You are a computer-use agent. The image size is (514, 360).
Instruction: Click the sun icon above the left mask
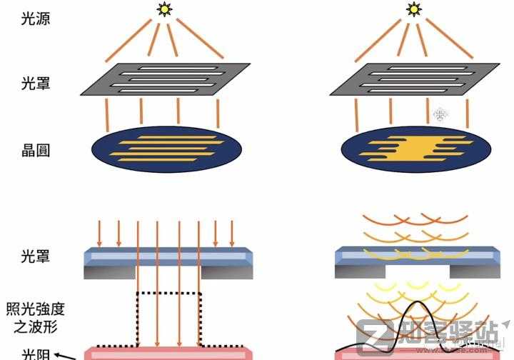166,9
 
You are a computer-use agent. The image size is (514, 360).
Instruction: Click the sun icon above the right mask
413,9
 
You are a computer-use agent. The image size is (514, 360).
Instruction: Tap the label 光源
36,17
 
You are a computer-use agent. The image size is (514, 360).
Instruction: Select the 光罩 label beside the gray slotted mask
36,84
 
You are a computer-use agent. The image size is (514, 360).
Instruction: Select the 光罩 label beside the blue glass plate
36,254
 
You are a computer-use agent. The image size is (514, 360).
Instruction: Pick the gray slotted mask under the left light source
165,79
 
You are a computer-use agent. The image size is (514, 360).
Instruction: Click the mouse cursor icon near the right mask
439,114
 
